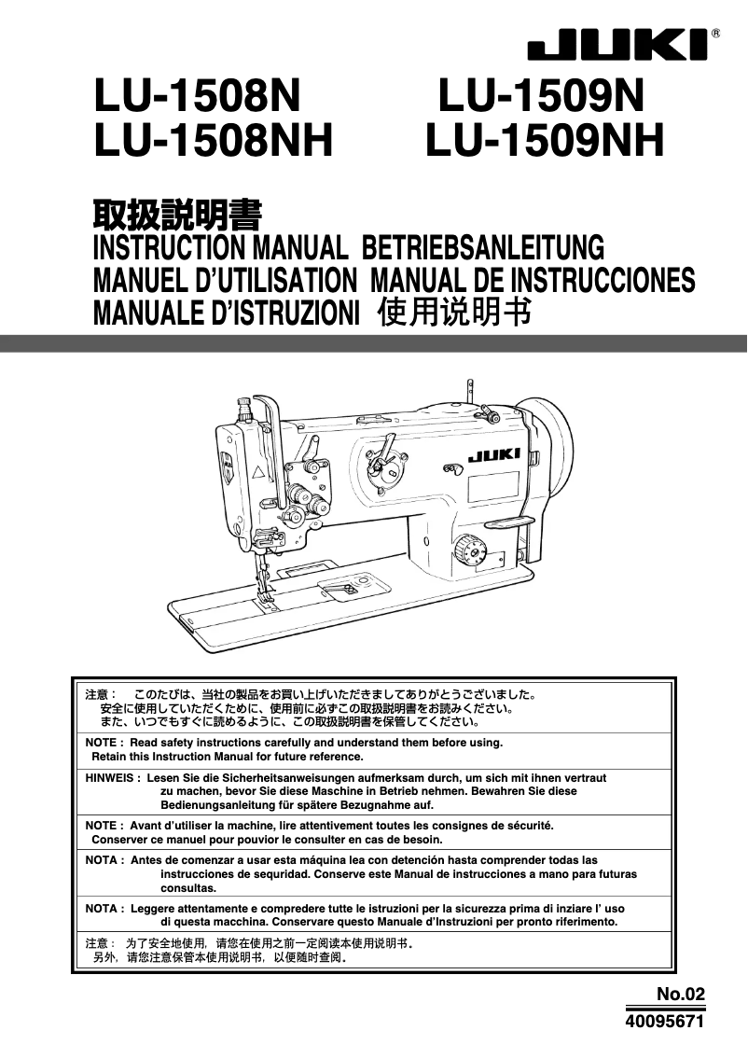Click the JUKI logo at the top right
618,45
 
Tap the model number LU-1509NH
545,143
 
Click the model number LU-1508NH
214,143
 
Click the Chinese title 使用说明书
454,312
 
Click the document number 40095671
663,1022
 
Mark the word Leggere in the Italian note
153,908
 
